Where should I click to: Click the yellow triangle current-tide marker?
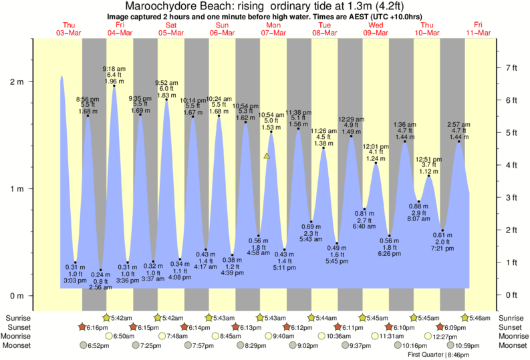point(267,156)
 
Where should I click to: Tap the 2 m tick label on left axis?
point(15,82)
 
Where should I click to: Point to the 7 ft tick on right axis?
point(512,68)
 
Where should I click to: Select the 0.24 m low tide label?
point(100,275)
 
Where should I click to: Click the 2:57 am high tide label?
point(459,124)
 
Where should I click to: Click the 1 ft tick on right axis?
point(512,262)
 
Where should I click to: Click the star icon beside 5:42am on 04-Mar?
point(106,318)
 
